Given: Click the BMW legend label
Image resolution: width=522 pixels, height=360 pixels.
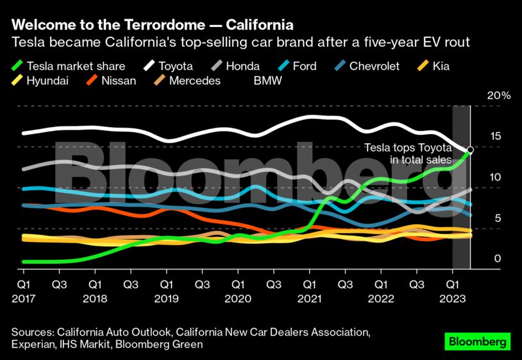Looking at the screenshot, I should tap(267, 81).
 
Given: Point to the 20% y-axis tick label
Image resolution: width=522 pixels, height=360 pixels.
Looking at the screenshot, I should tap(499, 96).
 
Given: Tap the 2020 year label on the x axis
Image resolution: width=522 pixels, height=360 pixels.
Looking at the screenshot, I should tap(237, 298).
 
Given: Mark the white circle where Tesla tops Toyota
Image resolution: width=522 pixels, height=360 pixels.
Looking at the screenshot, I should tap(471, 150).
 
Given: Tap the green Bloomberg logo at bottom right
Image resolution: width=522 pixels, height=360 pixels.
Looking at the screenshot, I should tap(478, 341).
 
